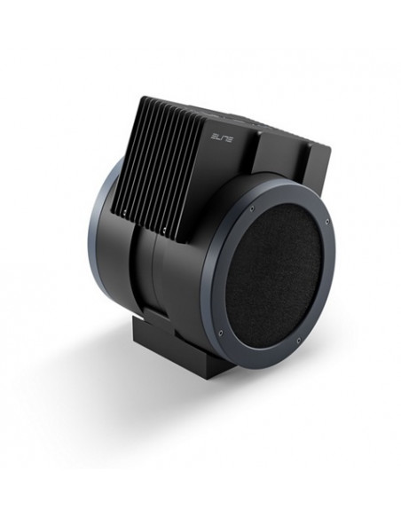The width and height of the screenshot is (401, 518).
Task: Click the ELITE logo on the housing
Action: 221,137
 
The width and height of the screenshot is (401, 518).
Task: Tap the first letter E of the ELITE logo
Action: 214,137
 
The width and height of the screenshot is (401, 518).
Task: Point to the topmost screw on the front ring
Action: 252,208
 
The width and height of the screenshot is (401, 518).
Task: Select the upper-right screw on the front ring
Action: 326,222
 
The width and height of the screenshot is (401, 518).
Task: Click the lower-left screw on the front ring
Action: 221,333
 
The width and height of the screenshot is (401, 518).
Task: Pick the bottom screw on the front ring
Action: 299,340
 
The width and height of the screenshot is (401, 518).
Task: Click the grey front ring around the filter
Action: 211,284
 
